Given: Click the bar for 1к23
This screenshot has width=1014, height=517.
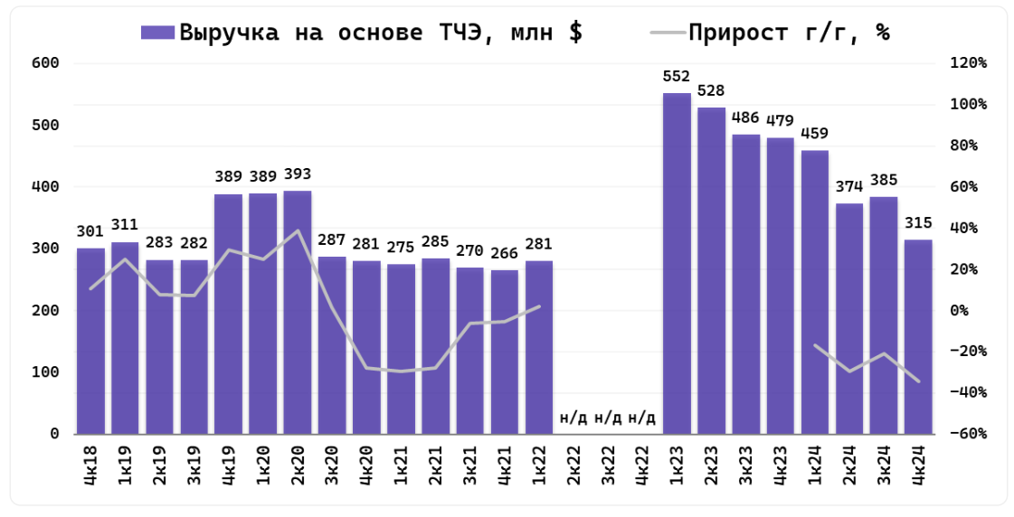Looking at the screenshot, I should click(x=677, y=263).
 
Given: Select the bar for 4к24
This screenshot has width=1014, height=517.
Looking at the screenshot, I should click(x=918, y=336).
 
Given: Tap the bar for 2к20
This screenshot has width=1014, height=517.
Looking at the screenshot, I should click(x=298, y=312).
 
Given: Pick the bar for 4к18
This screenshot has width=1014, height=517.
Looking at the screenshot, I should click(x=90, y=341).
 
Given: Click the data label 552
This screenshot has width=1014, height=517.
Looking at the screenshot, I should click(x=677, y=76).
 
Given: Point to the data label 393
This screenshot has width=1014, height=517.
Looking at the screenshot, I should click(x=298, y=174).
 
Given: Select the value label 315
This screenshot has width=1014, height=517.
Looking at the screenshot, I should click(x=918, y=222).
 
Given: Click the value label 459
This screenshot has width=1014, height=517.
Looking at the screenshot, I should click(x=814, y=134).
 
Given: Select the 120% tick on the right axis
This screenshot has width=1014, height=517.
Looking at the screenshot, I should click(x=969, y=63).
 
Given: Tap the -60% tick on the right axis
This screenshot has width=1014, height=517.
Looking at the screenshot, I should click(x=969, y=434).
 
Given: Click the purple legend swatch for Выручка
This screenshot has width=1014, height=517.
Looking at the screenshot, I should click(x=158, y=33).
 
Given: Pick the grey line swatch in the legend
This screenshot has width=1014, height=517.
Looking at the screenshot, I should click(x=667, y=33).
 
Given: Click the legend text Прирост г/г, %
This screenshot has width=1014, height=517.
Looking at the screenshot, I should click(x=789, y=33).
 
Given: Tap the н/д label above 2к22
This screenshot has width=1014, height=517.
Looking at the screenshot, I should click(x=573, y=418).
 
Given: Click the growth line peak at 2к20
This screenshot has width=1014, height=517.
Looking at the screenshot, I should click(x=298, y=231).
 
